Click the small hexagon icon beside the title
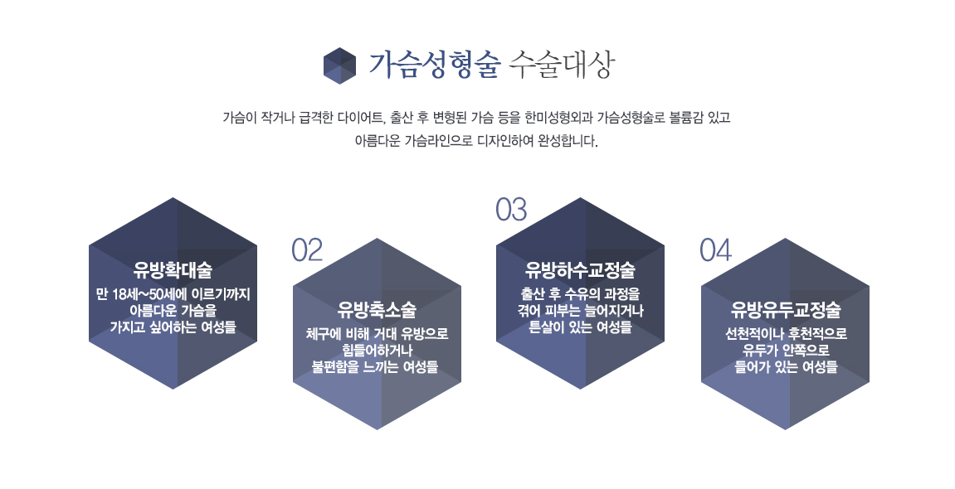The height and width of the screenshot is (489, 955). tap(339, 65)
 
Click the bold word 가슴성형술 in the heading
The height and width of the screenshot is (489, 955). tap(434, 65)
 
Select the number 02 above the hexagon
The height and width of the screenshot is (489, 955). tap(307, 250)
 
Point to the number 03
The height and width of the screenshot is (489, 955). tap(511, 210)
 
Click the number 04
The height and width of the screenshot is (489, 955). tap(716, 250)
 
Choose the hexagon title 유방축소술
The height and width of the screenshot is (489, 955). tap(377, 310)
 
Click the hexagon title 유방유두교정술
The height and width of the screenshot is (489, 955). tap(786, 310)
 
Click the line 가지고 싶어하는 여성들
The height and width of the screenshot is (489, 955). tap(173, 327)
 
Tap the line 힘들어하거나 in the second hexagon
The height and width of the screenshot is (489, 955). tap(377, 351)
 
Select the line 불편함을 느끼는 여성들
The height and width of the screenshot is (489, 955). tap(375, 367)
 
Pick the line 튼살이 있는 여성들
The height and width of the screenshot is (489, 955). tap(581, 327)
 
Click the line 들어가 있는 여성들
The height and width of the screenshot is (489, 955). tap(786, 367)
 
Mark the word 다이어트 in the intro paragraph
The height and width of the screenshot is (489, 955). tap(361, 118)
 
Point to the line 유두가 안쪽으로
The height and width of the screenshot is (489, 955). tap(786, 351)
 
